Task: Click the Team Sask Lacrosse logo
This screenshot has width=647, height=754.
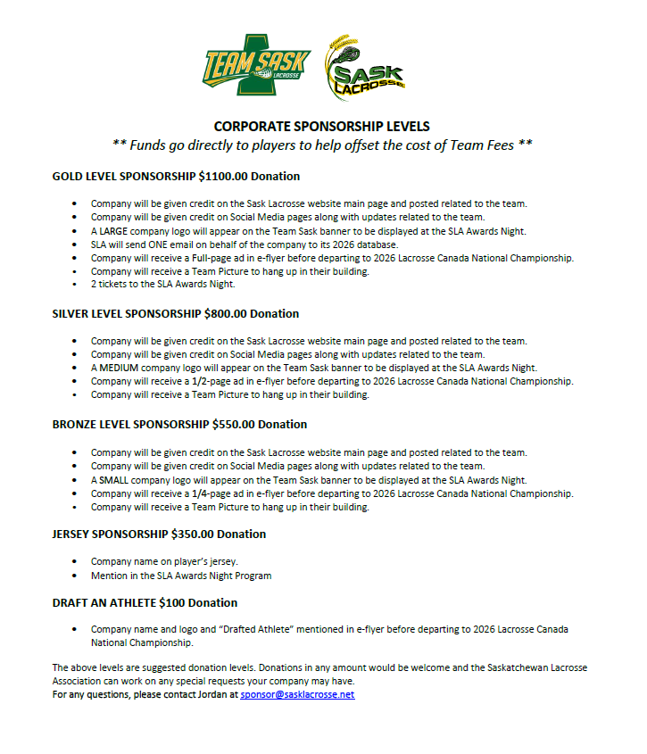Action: pos(256,65)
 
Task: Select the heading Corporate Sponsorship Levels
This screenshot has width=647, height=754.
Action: pos(322,127)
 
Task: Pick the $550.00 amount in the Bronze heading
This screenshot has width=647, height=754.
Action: pos(235,424)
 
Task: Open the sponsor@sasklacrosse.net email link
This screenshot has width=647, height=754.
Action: pos(297,694)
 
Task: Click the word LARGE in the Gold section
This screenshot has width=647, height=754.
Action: pos(113,231)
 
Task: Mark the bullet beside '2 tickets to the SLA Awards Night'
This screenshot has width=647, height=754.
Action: pos(73,285)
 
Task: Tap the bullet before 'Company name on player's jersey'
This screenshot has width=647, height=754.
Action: pos(73,562)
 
